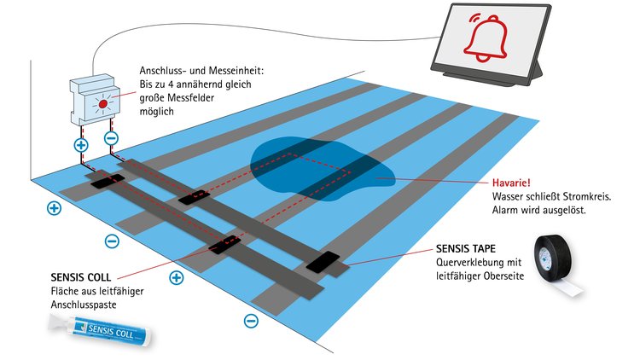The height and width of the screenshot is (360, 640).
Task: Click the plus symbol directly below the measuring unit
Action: [81, 145]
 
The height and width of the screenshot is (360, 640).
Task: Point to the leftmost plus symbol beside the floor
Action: [55, 207]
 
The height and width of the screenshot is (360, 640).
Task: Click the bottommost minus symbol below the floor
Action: [251, 321]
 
